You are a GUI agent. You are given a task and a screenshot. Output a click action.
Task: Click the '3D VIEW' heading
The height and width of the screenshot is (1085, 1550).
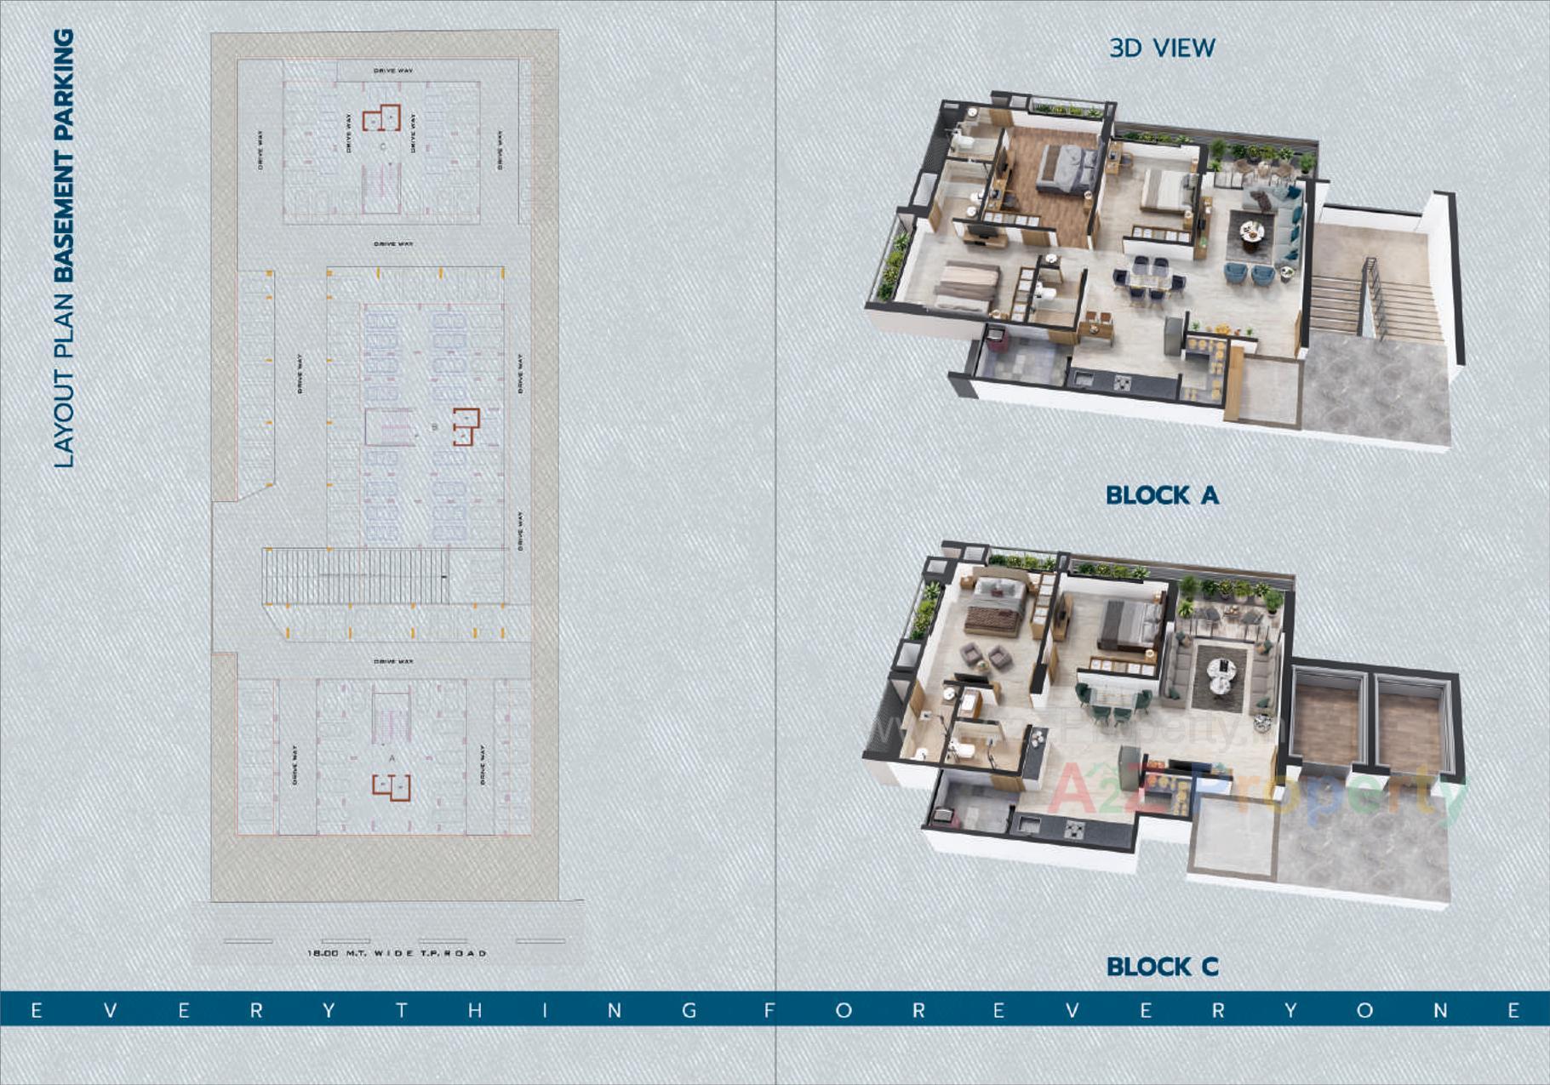(x=1162, y=48)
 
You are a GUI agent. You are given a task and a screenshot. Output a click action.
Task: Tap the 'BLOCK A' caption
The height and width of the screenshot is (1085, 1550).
(x=1162, y=495)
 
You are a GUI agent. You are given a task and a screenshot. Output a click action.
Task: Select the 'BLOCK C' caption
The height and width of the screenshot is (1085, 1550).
(x=1162, y=967)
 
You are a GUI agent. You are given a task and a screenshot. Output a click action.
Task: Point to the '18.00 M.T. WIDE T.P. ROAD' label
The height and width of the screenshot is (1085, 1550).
(x=397, y=953)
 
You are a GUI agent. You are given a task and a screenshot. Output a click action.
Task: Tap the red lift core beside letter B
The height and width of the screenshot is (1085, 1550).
(x=465, y=426)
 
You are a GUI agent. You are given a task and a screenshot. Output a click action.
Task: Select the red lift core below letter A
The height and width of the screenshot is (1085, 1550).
(x=392, y=787)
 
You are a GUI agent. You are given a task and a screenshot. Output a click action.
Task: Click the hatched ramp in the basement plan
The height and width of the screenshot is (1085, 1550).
(x=356, y=576)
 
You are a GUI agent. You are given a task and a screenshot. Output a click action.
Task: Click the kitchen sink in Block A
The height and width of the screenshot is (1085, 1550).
(x=1084, y=378)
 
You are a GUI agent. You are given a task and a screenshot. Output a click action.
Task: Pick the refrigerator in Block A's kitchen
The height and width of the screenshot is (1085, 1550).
(x=1175, y=336)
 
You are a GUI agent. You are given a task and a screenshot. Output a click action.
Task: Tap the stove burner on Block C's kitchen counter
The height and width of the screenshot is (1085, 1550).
(x=1074, y=828)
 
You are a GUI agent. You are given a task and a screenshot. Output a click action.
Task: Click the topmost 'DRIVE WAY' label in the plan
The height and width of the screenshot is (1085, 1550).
(x=393, y=71)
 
